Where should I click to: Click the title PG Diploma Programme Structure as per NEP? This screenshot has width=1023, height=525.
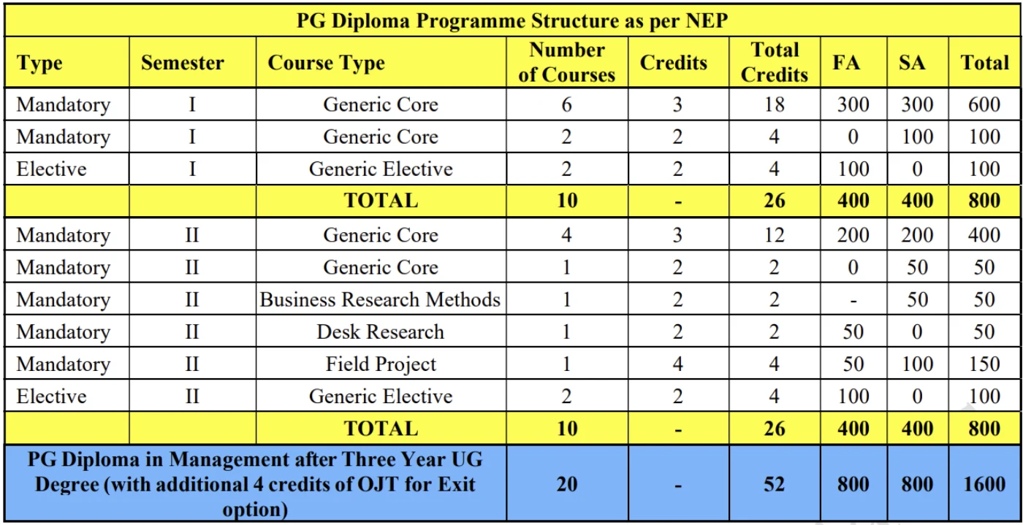click(x=512, y=20)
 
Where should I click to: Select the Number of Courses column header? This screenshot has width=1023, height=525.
click(x=567, y=63)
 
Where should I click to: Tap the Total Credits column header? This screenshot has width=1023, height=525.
click(x=775, y=63)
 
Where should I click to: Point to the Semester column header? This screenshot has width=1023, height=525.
click(x=183, y=63)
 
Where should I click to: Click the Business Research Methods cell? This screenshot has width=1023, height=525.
click(x=381, y=300)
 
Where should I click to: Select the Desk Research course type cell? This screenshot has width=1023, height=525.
click(x=381, y=332)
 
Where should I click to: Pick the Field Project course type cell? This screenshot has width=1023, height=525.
click(x=381, y=364)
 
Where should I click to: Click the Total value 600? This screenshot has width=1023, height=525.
click(x=984, y=104)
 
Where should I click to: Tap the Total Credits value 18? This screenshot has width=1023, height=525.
click(x=775, y=104)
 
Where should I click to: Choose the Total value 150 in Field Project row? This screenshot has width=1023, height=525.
click(x=984, y=364)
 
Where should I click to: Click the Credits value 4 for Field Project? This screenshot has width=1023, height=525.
click(x=677, y=364)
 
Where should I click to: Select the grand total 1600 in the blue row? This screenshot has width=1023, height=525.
click(x=984, y=484)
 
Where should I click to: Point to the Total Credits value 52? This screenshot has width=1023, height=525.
click(x=775, y=484)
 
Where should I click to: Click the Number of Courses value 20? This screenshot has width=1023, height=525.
click(x=567, y=484)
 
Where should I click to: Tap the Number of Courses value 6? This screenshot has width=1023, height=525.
click(x=567, y=104)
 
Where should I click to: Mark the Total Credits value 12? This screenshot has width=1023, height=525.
click(x=775, y=235)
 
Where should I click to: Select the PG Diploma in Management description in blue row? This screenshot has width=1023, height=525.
click(x=255, y=484)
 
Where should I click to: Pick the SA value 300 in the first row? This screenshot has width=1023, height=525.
click(x=916, y=104)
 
